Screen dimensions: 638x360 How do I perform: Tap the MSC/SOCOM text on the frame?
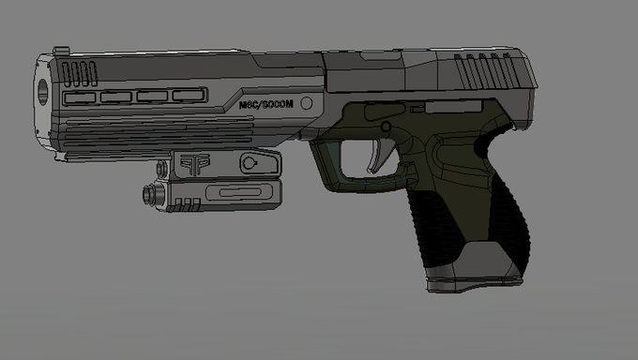point(266,105)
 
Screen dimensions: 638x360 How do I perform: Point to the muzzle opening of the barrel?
point(42,92)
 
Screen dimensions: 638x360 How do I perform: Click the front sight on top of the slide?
point(61,51)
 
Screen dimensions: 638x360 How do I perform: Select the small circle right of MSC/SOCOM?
point(307,103)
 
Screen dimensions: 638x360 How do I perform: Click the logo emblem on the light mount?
point(195,163)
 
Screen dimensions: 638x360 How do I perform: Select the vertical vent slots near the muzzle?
point(80,74)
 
